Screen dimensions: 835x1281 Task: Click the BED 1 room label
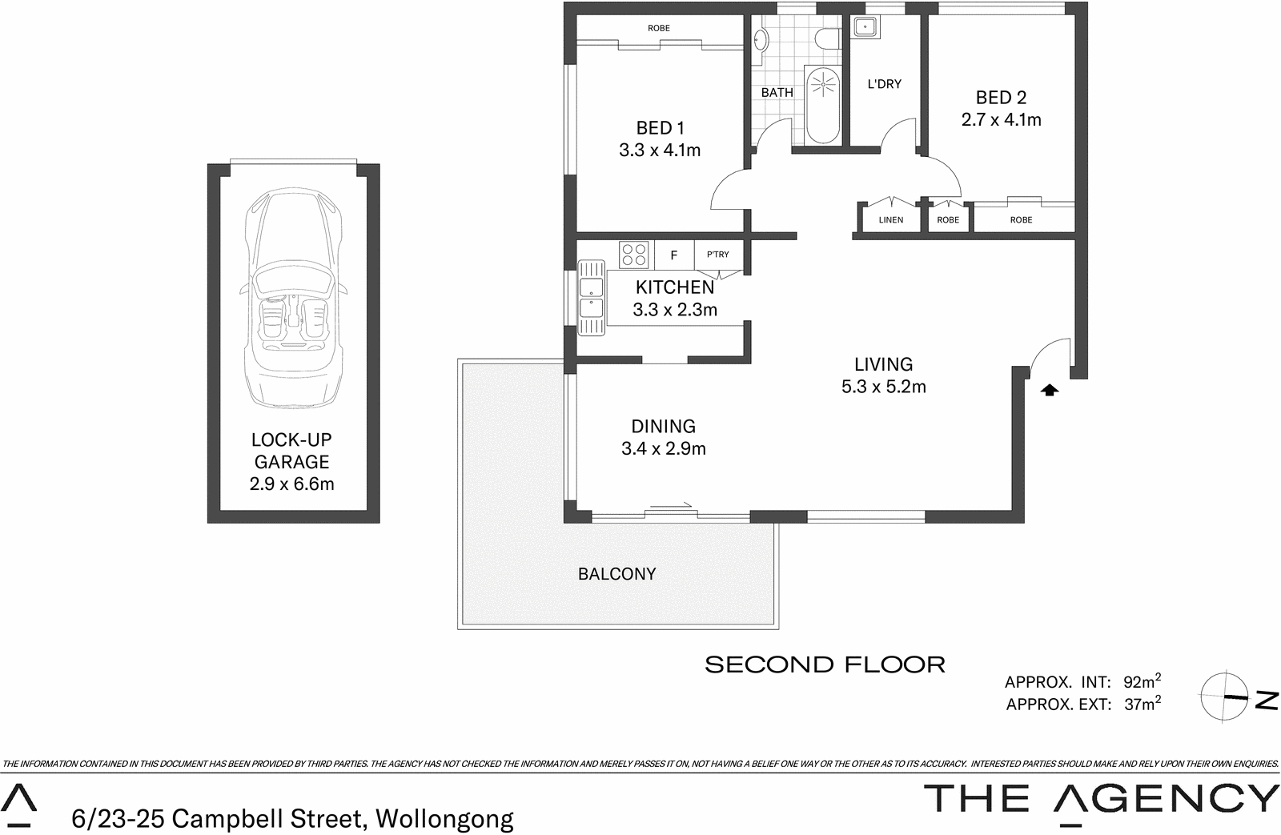click(x=660, y=128)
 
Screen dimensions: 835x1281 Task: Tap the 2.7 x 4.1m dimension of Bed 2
click(x=1001, y=120)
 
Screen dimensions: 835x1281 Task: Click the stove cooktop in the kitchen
click(x=634, y=255)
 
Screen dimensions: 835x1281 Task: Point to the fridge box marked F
click(x=674, y=255)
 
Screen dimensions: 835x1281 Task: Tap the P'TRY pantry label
click(x=718, y=255)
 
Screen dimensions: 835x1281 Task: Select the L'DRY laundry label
click(x=884, y=84)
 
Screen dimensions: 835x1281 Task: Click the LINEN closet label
click(x=890, y=220)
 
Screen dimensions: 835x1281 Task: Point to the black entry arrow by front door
click(x=1050, y=390)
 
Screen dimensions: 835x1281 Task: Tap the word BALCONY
click(x=616, y=574)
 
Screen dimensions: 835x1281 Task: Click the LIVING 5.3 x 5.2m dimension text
click(x=883, y=387)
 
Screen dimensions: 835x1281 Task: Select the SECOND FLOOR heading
click(x=825, y=664)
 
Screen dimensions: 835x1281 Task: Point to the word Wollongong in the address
click(x=444, y=819)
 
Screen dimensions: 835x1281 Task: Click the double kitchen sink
click(x=592, y=298)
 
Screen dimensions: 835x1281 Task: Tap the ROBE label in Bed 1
click(x=659, y=28)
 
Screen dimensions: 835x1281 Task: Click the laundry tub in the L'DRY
click(x=864, y=27)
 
